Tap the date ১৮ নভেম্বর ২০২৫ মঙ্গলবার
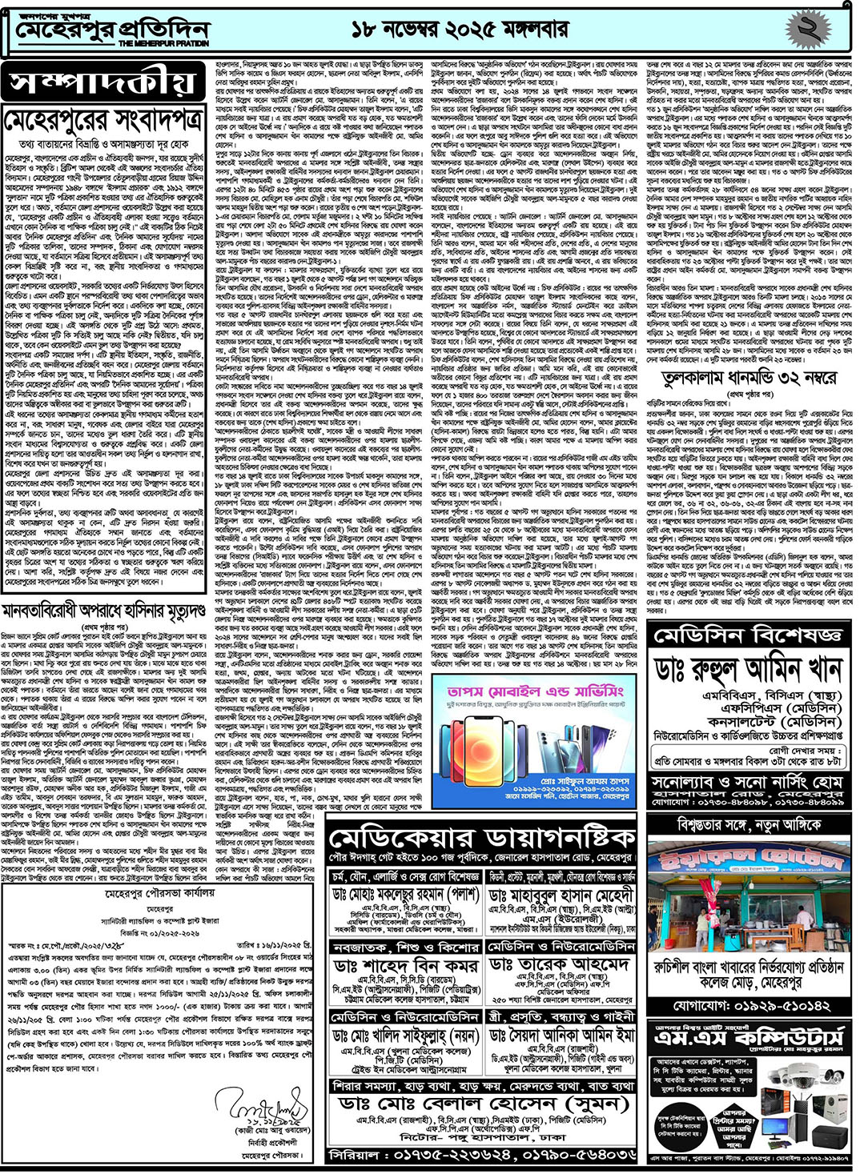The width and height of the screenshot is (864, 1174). (460, 30)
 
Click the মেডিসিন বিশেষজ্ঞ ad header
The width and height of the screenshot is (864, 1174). (748, 635)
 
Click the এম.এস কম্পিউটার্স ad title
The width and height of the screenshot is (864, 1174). (748, 1040)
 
